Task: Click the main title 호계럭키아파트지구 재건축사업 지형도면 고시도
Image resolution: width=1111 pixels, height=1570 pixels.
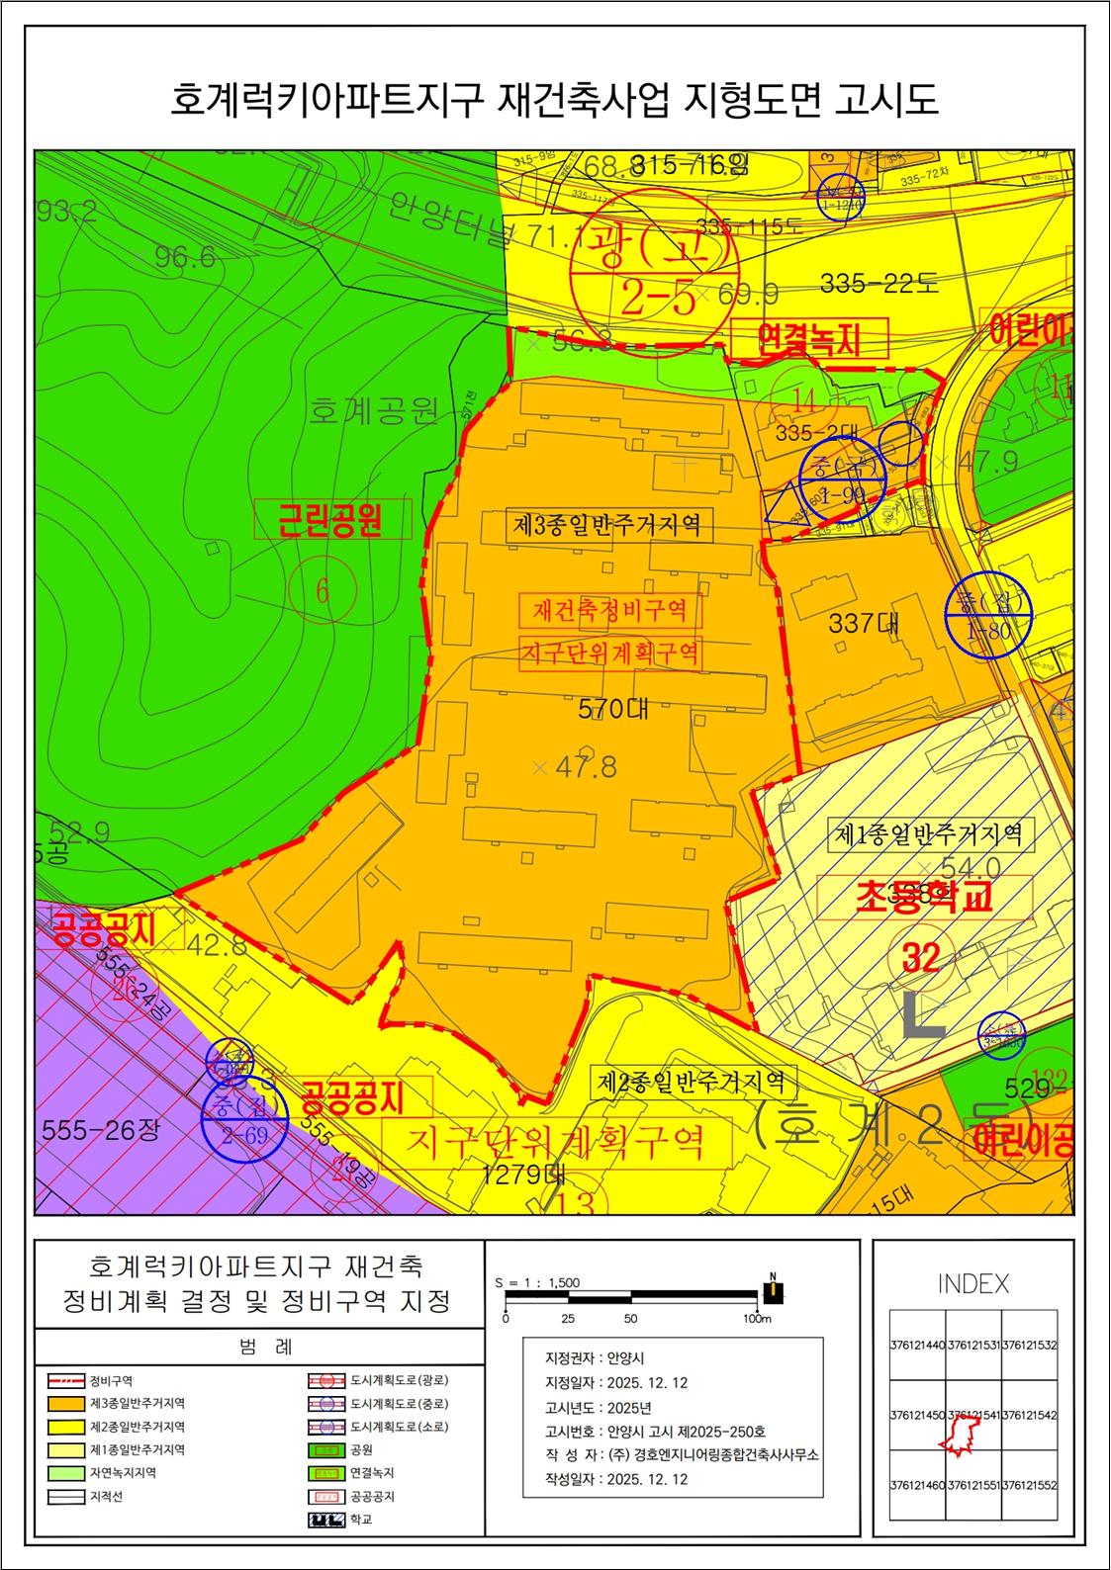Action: click(554, 101)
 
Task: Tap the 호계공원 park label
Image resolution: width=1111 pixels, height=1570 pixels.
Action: click(373, 409)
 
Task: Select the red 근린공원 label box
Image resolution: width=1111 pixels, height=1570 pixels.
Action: click(331, 518)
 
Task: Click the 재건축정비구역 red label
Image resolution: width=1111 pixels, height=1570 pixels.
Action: click(609, 610)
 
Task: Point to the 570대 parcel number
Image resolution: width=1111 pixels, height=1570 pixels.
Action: click(613, 708)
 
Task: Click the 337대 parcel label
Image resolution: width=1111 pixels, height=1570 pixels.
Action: click(865, 624)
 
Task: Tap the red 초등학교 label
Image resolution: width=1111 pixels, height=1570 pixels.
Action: click(924, 897)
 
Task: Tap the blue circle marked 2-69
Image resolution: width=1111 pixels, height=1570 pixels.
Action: click(244, 1119)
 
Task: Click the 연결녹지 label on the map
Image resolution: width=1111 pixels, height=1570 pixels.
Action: click(808, 340)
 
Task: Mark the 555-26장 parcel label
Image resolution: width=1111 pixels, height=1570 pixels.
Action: click(100, 1129)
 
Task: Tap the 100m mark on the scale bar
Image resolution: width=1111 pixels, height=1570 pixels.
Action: click(757, 1319)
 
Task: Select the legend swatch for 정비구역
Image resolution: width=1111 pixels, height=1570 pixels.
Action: click(65, 1381)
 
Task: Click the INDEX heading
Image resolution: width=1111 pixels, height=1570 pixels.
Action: click(973, 1284)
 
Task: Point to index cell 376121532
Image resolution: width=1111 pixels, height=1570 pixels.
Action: click(1029, 1346)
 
